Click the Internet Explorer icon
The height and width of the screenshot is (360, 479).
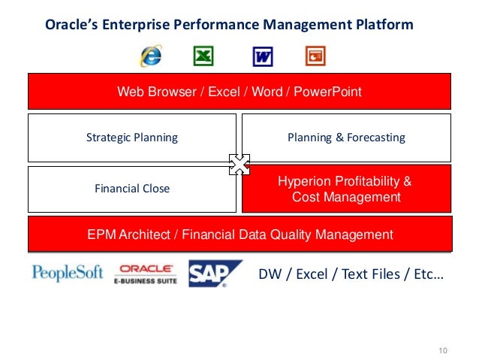[x=150, y=56]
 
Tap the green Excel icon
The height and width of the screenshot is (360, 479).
[x=203, y=56]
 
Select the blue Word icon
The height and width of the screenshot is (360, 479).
[x=262, y=56]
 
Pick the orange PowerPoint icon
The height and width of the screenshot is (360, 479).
[x=315, y=56]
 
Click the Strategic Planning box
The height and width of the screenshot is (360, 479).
[x=132, y=138]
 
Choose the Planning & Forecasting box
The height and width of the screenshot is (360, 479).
[x=346, y=138]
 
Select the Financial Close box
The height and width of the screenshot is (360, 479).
[x=132, y=189]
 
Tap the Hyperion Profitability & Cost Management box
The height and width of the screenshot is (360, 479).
[x=346, y=189]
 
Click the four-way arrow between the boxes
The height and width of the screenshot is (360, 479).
[x=239, y=164]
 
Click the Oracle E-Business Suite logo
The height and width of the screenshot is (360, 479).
[x=146, y=274]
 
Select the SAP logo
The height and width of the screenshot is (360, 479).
[x=215, y=274]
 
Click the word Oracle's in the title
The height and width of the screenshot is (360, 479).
[x=72, y=25]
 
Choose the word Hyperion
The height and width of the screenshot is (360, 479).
[x=306, y=181]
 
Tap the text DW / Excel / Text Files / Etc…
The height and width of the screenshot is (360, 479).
[x=351, y=274]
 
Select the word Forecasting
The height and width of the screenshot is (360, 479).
[x=373, y=138]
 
